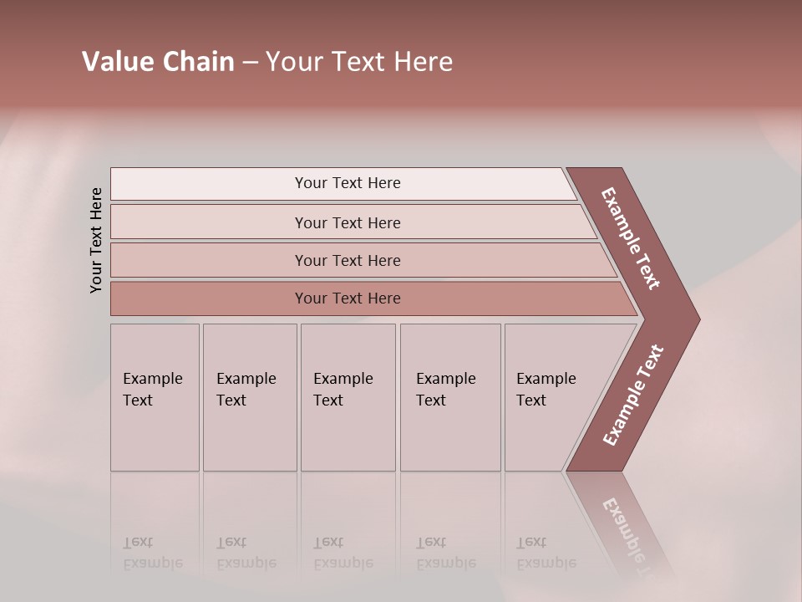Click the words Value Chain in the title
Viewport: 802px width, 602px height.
pyautogui.click(x=158, y=62)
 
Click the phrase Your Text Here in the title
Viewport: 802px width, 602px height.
pyautogui.click(x=359, y=62)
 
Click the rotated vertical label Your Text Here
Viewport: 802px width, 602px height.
pyautogui.click(x=96, y=240)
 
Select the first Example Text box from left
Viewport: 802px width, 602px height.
pyautogui.click(x=155, y=397)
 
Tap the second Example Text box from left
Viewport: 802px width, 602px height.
pyautogui.click(x=250, y=397)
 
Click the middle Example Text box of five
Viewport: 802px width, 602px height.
pyautogui.click(x=348, y=397)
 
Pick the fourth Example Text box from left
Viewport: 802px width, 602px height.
pyautogui.click(x=450, y=397)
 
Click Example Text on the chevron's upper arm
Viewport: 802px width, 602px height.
pyautogui.click(x=631, y=238)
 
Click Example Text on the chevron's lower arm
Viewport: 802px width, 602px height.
pyautogui.click(x=633, y=395)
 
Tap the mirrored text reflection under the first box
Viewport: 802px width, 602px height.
pyautogui.click(x=152, y=553)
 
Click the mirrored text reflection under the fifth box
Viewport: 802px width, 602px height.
pyautogui.click(x=546, y=553)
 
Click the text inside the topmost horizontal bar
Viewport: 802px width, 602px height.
pyautogui.click(x=348, y=183)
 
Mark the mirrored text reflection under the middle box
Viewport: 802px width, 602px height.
pyautogui.click(x=343, y=553)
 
